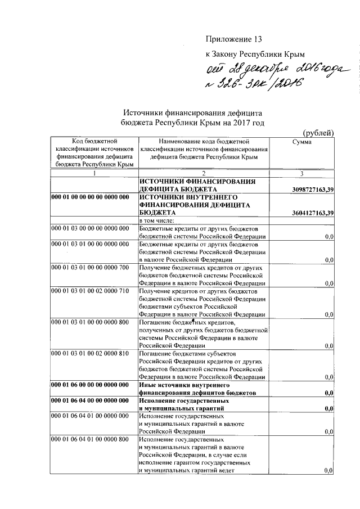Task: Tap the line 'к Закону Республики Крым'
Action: (255, 54)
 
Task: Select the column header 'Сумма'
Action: (303, 142)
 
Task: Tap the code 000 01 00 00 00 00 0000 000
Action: (90, 198)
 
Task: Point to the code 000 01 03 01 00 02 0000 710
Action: (90, 291)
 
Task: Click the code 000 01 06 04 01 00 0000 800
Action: (90, 439)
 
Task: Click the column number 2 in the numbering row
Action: (204, 174)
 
